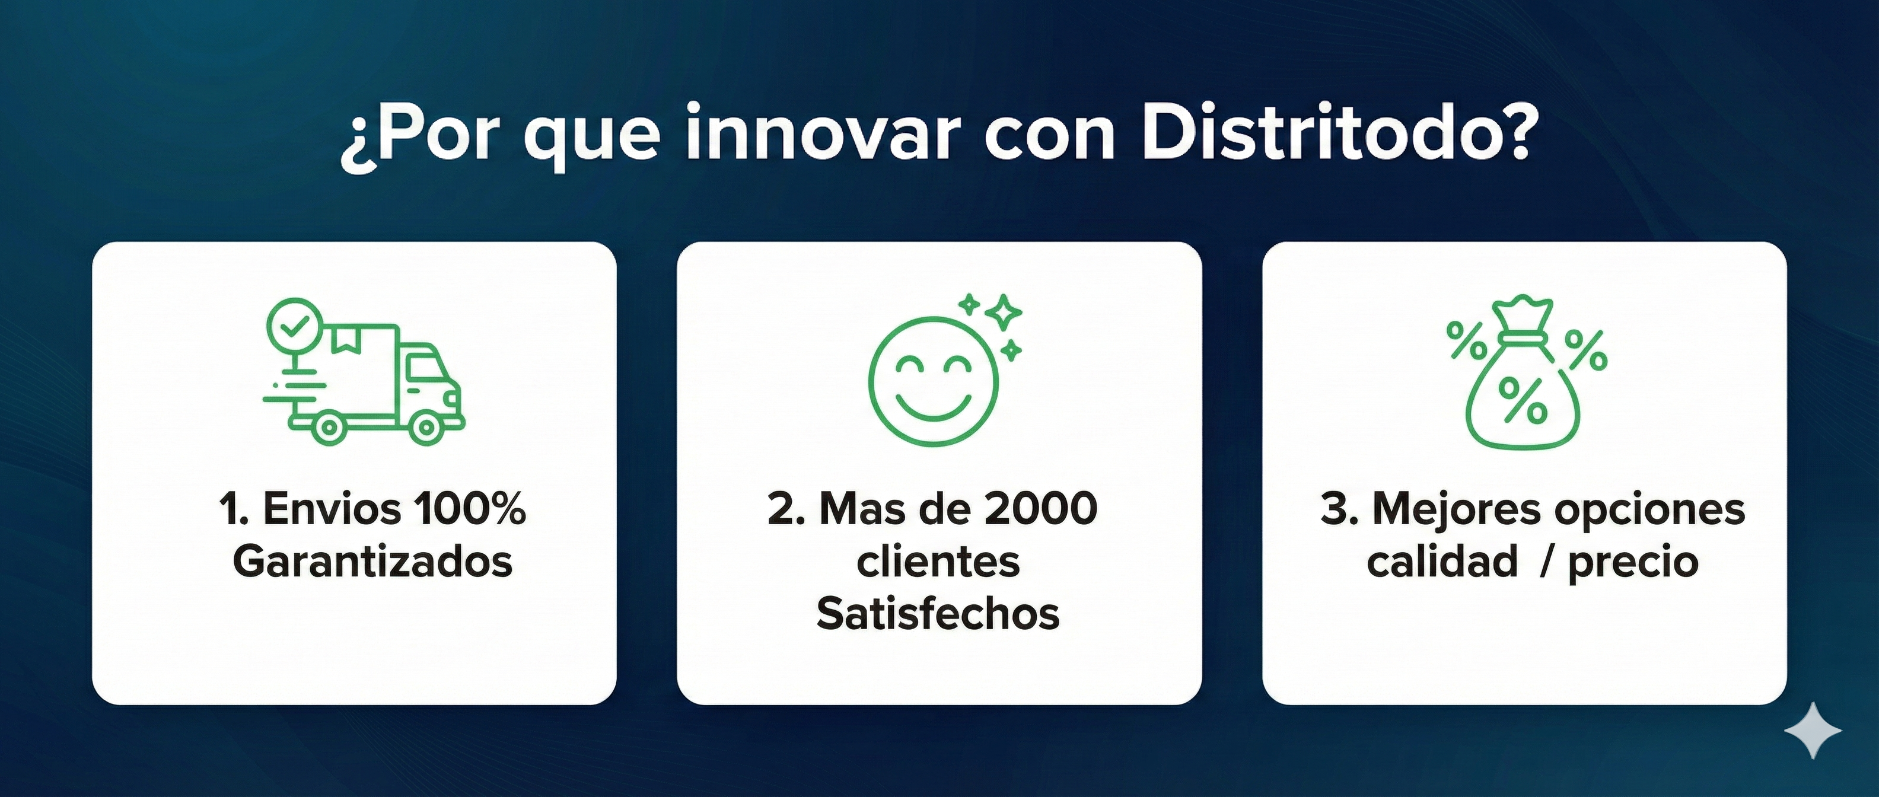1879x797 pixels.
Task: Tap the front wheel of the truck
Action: (x=425, y=429)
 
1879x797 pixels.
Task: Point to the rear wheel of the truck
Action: (x=330, y=429)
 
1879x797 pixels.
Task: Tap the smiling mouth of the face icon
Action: (x=933, y=407)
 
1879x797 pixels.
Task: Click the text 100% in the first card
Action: (x=469, y=508)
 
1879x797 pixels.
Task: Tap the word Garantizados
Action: (x=372, y=562)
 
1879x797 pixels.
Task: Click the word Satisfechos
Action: (x=938, y=613)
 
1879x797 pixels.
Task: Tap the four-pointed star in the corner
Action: (x=1813, y=730)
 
